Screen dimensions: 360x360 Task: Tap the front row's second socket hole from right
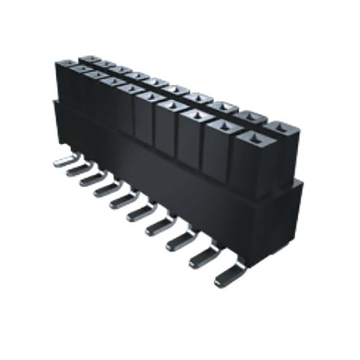pos(222,125)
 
